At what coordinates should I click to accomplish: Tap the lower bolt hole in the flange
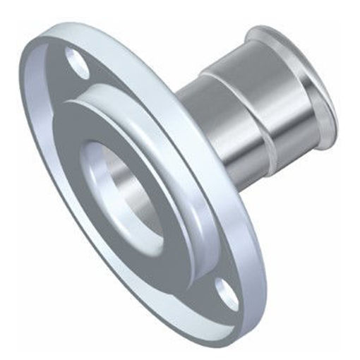click(x=225, y=290)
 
